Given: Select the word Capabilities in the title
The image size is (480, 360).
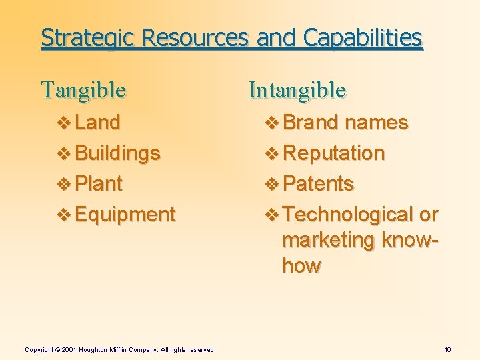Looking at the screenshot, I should pyautogui.click(x=363, y=38).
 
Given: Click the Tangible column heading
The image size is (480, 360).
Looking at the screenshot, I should pyautogui.click(x=83, y=89).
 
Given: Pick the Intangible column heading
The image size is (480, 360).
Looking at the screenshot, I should pyautogui.click(x=297, y=89).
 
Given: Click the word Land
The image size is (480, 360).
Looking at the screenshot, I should pyautogui.click(x=98, y=123).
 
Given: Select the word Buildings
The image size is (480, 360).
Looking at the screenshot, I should pyautogui.click(x=118, y=153).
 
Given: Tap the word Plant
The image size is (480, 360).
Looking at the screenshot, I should pyautogui.click(x=99, y=183).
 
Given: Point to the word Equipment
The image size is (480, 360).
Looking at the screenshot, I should pyautogui.click(x=125, y=215).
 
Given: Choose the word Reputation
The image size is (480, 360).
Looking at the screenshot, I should pyautogui.click(x=334, y=153).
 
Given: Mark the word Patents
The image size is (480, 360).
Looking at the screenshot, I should pyautogui.click(x=319, y=183).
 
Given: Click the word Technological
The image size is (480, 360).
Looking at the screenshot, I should pyautogui.click(x=348, y=215).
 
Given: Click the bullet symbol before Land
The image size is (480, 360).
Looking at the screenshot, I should pyautogui.click(x=65, y=123).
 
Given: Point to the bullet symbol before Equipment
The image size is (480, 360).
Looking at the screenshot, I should pyautogui.click(x=65, y=215).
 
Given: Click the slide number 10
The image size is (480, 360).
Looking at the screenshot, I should pyautogui.click(x=447, y=350).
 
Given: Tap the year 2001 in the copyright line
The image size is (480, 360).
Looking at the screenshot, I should pyautogui.click(x=69, y=350).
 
